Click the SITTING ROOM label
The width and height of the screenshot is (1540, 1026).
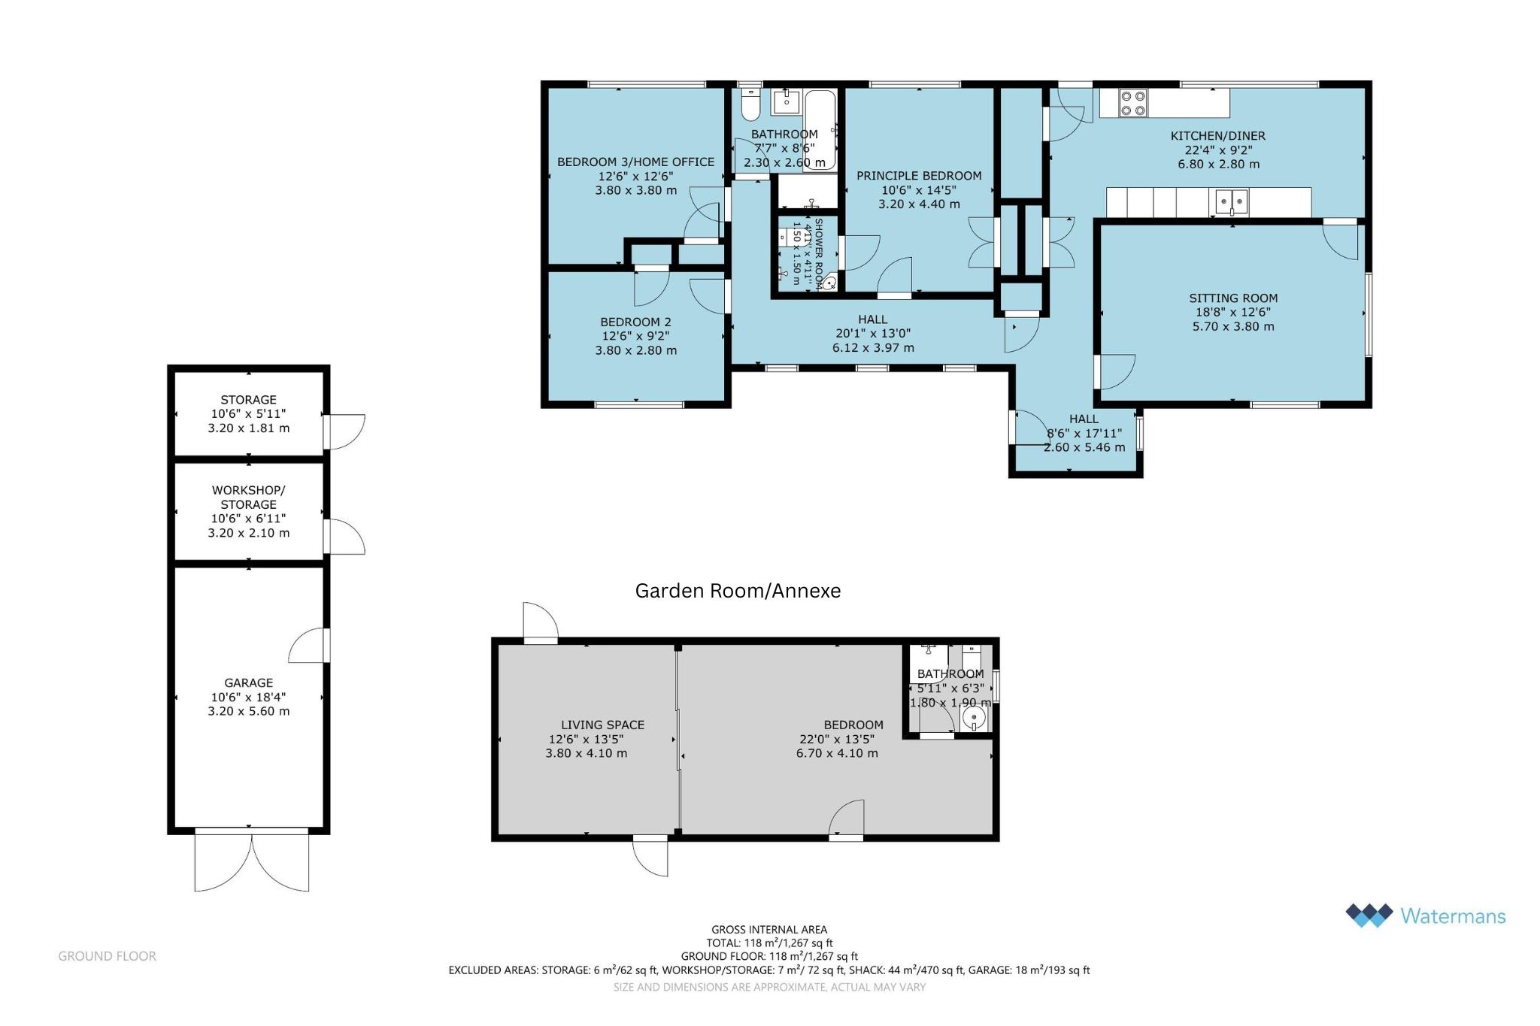(1233, 298)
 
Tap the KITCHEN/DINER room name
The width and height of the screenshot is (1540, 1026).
(1218, 136)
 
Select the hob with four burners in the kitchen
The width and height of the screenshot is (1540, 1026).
(1133, 103)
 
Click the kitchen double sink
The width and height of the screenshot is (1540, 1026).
(1231, 201)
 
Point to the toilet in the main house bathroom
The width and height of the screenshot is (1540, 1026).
(750, 105)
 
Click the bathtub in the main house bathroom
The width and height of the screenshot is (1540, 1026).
(820, 132)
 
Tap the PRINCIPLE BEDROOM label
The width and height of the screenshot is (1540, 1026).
(919, 176)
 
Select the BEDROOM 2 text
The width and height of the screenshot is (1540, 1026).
(635, 322)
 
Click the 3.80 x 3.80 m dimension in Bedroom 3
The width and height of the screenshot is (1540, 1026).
(636, 191)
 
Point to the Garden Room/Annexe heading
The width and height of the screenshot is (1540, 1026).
(738, 591)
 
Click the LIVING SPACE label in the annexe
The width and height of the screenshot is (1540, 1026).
(602, 725)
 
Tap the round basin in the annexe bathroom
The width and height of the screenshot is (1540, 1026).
(975, 718)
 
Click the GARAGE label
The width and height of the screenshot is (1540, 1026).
(248, 683)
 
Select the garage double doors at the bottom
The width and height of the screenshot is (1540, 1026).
(252, 861)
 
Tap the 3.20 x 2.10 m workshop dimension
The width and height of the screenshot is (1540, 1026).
(248, 533)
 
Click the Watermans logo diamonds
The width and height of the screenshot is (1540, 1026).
(1369, 916)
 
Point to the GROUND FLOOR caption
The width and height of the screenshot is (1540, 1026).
(108, 956)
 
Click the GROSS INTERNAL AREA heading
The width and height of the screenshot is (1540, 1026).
(769, 930)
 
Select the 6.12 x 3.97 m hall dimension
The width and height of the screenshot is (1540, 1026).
(873, 348)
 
